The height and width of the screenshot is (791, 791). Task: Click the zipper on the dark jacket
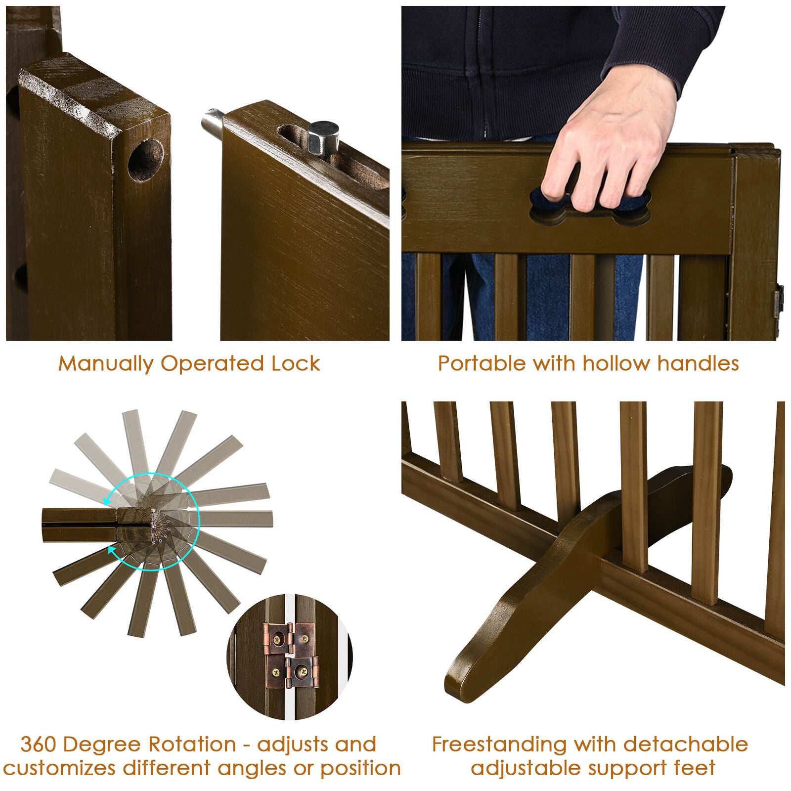pos(483,74)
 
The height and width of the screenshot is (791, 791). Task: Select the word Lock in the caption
pos(296,364)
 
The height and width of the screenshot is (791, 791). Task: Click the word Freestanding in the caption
pos(499,745)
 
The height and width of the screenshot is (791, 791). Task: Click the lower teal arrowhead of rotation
pos(113,549)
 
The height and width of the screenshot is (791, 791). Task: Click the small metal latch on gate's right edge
pos(779,302)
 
